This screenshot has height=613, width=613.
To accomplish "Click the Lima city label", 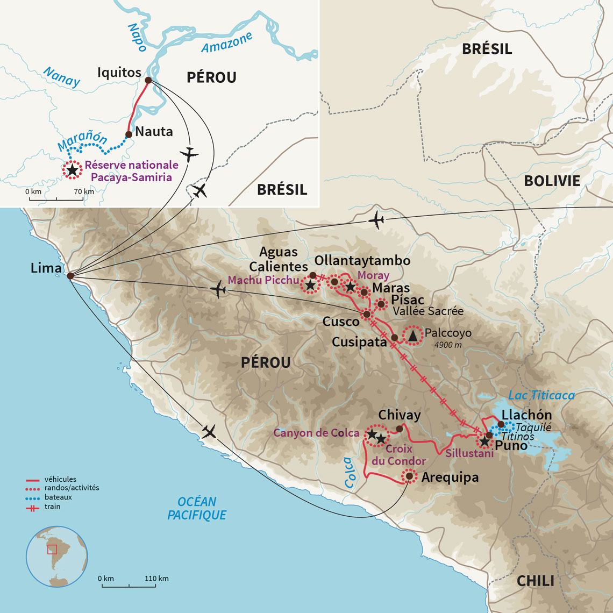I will click(46, 268).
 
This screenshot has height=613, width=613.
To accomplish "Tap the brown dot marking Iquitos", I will click(148, 81).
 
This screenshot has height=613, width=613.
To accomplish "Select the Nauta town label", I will click(154, 131).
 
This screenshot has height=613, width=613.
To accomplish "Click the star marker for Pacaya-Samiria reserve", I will click(72, 169).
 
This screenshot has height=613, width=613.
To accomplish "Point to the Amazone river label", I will click(226, 42).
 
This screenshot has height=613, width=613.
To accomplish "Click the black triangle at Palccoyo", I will click(413, 336).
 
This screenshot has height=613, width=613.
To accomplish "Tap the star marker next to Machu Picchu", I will click(310, 284).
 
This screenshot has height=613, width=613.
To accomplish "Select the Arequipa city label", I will click(450, 477).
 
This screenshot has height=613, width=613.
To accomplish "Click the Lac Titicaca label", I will click(541, 395).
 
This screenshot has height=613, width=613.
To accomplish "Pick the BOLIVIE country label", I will click(552, 181).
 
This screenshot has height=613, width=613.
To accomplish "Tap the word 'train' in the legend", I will click(53, 507).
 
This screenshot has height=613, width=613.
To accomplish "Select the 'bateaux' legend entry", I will click(58, 497).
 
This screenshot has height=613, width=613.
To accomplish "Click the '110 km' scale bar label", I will click(156, 579).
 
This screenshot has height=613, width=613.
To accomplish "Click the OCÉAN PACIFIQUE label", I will click(197, 508).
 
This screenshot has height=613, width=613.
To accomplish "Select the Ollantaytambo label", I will click(362, 261).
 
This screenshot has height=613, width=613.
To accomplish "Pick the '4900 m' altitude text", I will click(447, 345).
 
